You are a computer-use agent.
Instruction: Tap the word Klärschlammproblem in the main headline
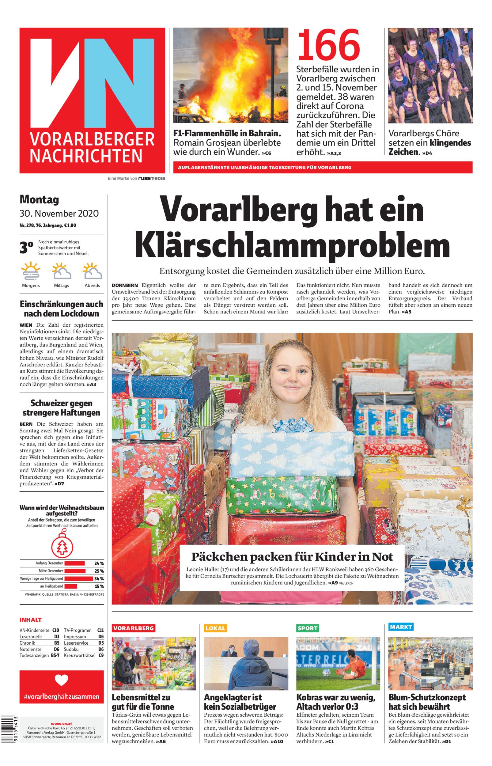tap(292, 246)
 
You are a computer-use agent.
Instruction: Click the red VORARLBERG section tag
tap(134, 628)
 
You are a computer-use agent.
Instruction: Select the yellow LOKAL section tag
tap(215, 628)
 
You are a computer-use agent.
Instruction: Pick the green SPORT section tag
tap(307, 628)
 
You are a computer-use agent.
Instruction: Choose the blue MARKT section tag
tap(401, 626)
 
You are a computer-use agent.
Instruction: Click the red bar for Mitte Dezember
tap(75, 571)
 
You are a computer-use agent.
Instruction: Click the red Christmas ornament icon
tap(62, 547)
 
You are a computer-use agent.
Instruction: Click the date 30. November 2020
tap(59, 213)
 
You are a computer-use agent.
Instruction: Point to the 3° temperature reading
tap(27, 248)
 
